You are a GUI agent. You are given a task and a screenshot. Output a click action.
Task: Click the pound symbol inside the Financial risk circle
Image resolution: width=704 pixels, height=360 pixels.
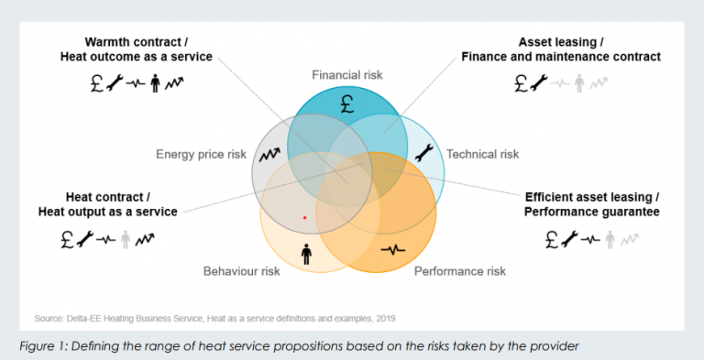tap(347, 104)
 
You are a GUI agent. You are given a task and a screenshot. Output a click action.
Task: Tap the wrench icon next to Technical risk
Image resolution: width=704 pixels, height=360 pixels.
tap(423, 153)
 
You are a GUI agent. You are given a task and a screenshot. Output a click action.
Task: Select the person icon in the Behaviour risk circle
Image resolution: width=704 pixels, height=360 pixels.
tap(306, 254)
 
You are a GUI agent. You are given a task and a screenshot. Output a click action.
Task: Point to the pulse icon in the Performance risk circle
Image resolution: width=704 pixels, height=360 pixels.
tap(393, 249)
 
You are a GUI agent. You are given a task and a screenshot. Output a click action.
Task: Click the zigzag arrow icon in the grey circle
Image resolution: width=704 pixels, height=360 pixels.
tap(269, 155)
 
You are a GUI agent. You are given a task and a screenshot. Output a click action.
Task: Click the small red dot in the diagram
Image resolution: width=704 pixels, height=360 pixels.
tap(305, 218)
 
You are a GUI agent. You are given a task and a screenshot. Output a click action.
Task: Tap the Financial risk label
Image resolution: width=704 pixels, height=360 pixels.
tap(347, 75)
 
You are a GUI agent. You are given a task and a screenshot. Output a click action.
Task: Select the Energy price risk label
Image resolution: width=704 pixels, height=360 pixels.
tap(201, 155)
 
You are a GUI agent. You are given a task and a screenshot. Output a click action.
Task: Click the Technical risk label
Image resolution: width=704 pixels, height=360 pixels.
tap(483, 154)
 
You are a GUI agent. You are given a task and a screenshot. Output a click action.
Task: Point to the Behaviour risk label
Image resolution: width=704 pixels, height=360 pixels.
tap(242, 271)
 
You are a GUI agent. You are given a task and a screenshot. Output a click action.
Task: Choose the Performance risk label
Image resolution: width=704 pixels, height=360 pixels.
tap(460, 271)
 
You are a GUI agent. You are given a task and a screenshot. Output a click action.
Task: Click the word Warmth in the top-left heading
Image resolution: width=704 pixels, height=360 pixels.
tap(105, 42)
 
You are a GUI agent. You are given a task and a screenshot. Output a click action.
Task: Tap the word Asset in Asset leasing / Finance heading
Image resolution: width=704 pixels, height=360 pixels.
tap(535, 42)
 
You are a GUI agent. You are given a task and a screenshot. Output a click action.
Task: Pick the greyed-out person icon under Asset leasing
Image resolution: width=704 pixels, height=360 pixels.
tap(579, 83)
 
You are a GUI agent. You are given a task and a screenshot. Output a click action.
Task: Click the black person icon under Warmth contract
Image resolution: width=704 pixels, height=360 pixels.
tap(155, 83)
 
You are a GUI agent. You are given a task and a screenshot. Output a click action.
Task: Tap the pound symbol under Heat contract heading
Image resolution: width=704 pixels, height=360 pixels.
tap(67, 239)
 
